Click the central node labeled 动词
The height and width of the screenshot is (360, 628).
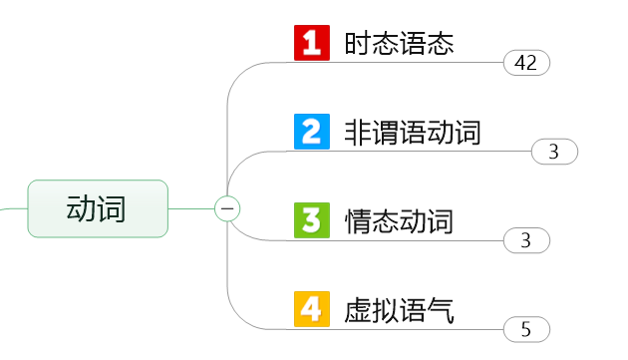tap(97, 208)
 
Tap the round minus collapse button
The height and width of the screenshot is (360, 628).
tap(227, 208)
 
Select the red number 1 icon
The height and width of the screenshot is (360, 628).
tap(312, 44)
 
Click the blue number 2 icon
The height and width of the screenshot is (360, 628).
tap(312, 132)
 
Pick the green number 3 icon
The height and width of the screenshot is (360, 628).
tap(312, 220)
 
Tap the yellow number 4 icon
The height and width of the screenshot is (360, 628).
tap(312, 308)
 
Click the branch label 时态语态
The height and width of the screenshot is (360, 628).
tap(399, 44)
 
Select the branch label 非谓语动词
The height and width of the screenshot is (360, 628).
tap(412, 132)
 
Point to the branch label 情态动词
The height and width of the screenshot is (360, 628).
tap(399, 220)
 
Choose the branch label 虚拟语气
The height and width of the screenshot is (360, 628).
tap(399, 309)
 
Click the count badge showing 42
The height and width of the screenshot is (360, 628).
tap(526, 63)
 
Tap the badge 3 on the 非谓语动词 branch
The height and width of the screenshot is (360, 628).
tap(554, 152)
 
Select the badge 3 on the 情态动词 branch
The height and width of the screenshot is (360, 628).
tap(526, 240)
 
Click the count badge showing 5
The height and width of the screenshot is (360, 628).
tap(526, 329)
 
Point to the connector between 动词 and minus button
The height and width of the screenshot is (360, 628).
tap(191, 208)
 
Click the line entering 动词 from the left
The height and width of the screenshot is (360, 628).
tap(12, 208)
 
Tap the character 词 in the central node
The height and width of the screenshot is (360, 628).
tap(112, 208)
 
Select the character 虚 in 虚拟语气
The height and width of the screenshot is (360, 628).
tap(358, 309)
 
